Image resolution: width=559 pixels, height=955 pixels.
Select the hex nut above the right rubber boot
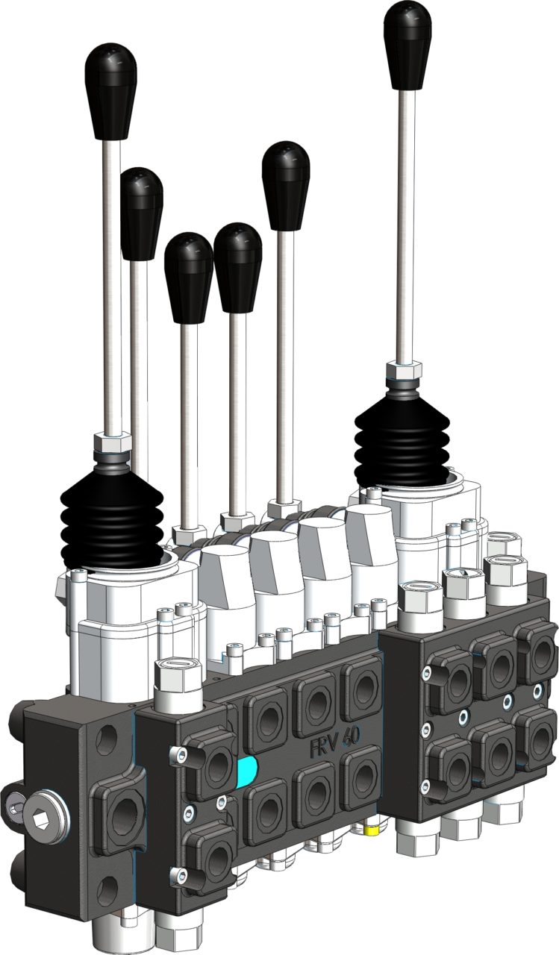pyautogui.click(x=404, y=369)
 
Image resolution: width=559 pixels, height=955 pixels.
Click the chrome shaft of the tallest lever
pyautogui.click(x=407, y=224)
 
